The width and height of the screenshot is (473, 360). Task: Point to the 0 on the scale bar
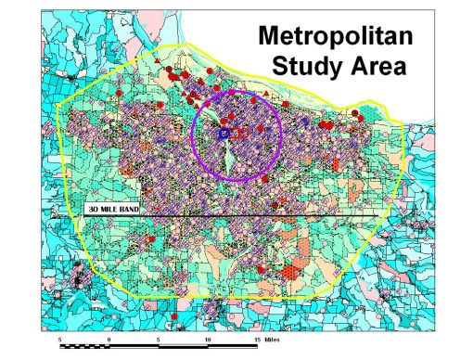(x=109, y=340)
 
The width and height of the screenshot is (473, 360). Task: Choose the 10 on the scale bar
(x=205, y=340)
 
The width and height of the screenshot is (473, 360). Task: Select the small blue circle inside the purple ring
(x=223, y=134)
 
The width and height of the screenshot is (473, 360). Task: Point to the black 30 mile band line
(x=278, y=216)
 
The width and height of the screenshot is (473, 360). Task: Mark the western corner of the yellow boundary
(x=58, y=108)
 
